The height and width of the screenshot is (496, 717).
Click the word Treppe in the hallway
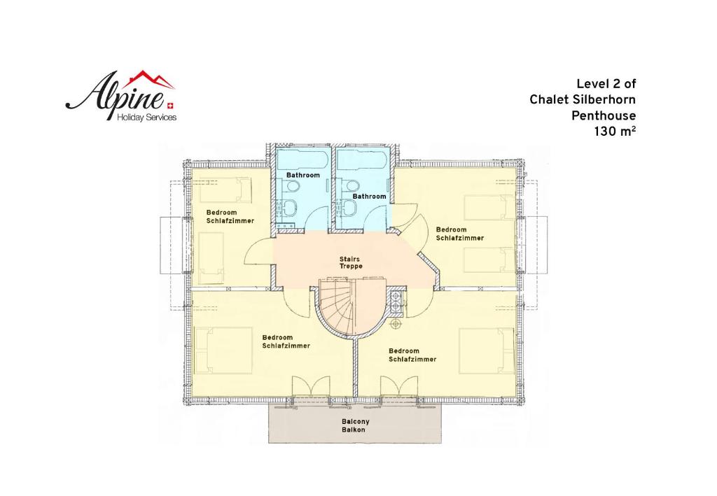tap(351, 267)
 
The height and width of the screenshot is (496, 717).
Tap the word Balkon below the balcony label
tap(354, 430)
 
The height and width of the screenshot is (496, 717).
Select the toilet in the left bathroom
tap(292, 186)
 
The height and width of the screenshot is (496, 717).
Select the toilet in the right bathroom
tap(352, 185)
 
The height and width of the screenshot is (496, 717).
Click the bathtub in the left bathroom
tap(301, 158)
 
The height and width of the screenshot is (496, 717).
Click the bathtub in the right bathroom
tap(362, 158)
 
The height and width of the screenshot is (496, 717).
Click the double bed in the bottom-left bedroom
tap(223, 350)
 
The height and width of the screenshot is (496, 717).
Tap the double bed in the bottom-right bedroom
tap(487, 350)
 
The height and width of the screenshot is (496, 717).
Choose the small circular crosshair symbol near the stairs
tap(395, 323)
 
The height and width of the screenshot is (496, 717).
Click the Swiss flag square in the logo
tap(171, 106)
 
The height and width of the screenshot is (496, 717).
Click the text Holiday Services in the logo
tap(147, 118)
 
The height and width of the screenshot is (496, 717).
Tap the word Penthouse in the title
tap(604, 116)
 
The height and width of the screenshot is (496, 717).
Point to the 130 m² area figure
tap(615, 132)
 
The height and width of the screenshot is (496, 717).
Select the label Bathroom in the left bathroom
tap(303, 176)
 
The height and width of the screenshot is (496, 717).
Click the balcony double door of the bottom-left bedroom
tap(311, 387)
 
